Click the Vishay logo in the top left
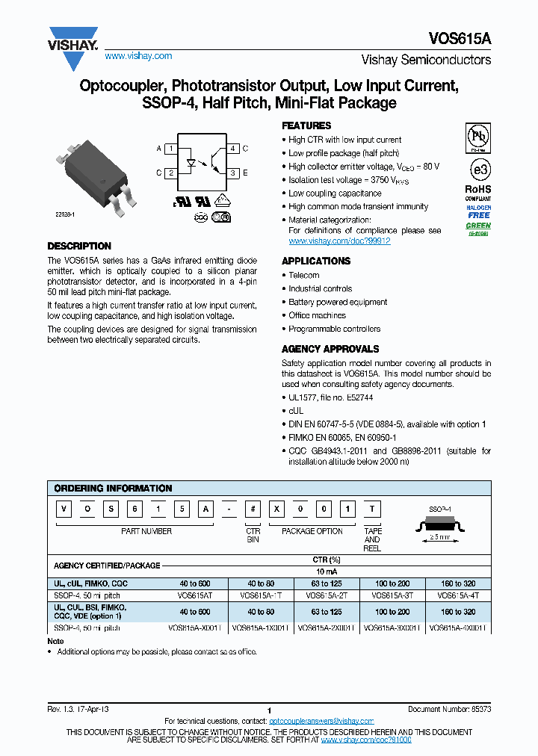click(x=73, y=40)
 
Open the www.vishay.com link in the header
click(x=138, y=56)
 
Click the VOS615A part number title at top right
click(x=460, y=39)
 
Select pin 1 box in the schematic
click(x=170, y=149)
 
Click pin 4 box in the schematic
click(x=233, y=149)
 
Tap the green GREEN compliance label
click(x=478, y=225)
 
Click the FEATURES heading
click(x=306, y=126)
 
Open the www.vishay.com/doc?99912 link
click(x=339, y=241)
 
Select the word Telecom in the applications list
click(x=304, y=275)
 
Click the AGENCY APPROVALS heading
click(x=330, y=349)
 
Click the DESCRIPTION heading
click(x=79, y=246)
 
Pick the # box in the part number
click(x=255, y=509)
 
